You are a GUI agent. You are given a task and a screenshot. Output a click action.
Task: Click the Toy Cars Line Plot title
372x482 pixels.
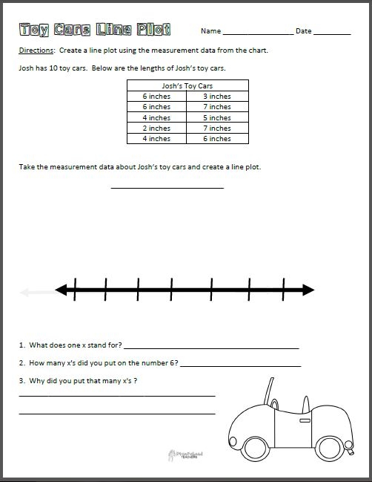click(x=95, y=30)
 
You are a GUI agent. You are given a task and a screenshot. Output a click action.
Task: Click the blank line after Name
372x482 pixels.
click(x=257, y=34)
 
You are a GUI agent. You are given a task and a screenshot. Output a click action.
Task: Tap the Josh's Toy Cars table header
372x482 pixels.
click(x=187, y=86)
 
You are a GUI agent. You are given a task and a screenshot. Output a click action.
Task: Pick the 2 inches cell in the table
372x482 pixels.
click(x=156, y=128)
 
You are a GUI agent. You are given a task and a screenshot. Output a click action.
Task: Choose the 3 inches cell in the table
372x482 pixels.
click(x=217, y=97)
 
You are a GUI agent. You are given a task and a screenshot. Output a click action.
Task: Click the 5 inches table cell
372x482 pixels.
click(x=217, y=118)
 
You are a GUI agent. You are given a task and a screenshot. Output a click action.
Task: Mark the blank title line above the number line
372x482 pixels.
click(x=167, y=187)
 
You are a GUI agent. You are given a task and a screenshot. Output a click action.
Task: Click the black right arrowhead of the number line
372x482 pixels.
click(x=307, y=289)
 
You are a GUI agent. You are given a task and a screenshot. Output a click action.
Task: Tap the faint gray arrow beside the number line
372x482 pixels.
click(x=30, y=292)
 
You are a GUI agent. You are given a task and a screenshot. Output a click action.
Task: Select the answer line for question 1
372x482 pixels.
click(x=212, y=347)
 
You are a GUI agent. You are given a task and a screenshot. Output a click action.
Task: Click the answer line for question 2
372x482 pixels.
click(x=240, y=365)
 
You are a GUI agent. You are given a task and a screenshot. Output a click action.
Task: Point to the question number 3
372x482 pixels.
click(x=22, y=381)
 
